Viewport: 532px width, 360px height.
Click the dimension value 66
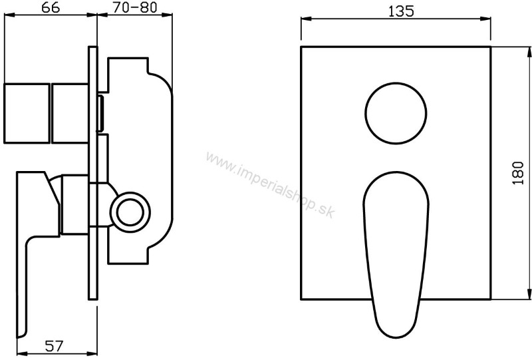coord(51,7)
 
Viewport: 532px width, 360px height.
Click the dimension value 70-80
coord(135,7)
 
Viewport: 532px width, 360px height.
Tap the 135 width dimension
coord(401,11)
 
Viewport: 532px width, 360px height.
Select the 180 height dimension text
coord(518,173)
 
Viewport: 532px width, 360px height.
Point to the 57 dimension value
coord(55,346)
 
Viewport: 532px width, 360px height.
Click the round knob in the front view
coord(396,113)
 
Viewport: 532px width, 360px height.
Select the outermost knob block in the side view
coord(27,113)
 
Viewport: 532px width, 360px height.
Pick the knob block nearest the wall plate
coord(70,113)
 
